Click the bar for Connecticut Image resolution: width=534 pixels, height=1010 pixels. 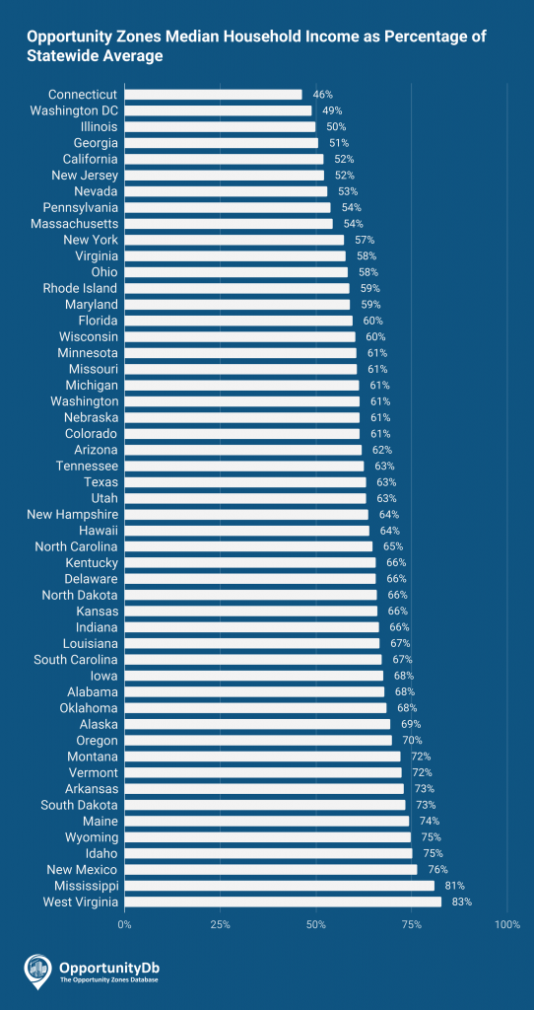coord(213,95)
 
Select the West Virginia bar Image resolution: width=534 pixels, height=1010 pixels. coord(283,902)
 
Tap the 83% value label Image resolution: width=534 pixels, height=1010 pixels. coord(462,902)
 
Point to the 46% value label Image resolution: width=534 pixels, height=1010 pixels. coord(322,95)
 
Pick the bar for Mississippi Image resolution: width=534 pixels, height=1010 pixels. coord(279,886)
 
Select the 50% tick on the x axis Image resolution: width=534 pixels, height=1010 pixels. coord(316,924)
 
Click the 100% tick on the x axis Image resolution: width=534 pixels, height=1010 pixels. coord(507,924)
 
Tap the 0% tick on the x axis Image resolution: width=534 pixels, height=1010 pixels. coord(125,924)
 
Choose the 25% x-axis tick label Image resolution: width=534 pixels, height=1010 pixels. coord(221,924)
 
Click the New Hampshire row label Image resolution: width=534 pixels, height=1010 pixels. coord(73,514)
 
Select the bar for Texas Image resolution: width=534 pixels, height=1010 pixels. coord(245,482)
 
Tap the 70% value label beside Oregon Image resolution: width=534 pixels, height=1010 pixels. coord(412,741)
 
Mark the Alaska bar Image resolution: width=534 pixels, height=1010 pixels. coord(257,724)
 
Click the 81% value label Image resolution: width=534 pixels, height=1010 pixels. coord(454,886)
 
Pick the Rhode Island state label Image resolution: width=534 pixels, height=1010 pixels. coord(80,288)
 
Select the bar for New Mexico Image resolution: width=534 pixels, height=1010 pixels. coord(270,870)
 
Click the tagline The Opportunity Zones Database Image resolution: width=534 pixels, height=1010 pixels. coord(108,979)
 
